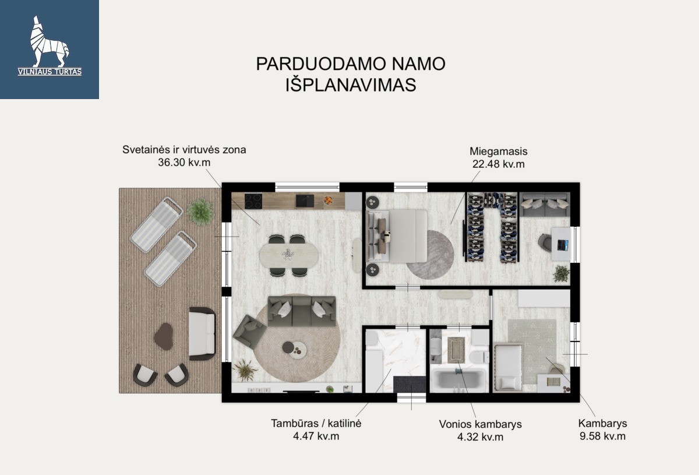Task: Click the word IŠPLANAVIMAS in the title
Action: click(351, 85)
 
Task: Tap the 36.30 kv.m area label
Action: click(184, 163)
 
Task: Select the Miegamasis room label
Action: click(499, 152)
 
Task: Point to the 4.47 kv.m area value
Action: click(316, 436)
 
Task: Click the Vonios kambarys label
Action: click(480, 424)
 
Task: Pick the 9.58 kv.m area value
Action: click(602, 436)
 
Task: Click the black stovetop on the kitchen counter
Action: click(253, 201)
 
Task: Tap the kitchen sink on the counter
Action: click(305, 201)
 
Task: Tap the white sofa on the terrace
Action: click(202, 333)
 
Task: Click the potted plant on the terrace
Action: click(200, 212)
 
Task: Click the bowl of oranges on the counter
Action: click(328, 200)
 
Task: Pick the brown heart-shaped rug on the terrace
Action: click(164, 336)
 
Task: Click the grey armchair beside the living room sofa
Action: click(250, 331)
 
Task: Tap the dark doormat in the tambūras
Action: click(409, 384)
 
